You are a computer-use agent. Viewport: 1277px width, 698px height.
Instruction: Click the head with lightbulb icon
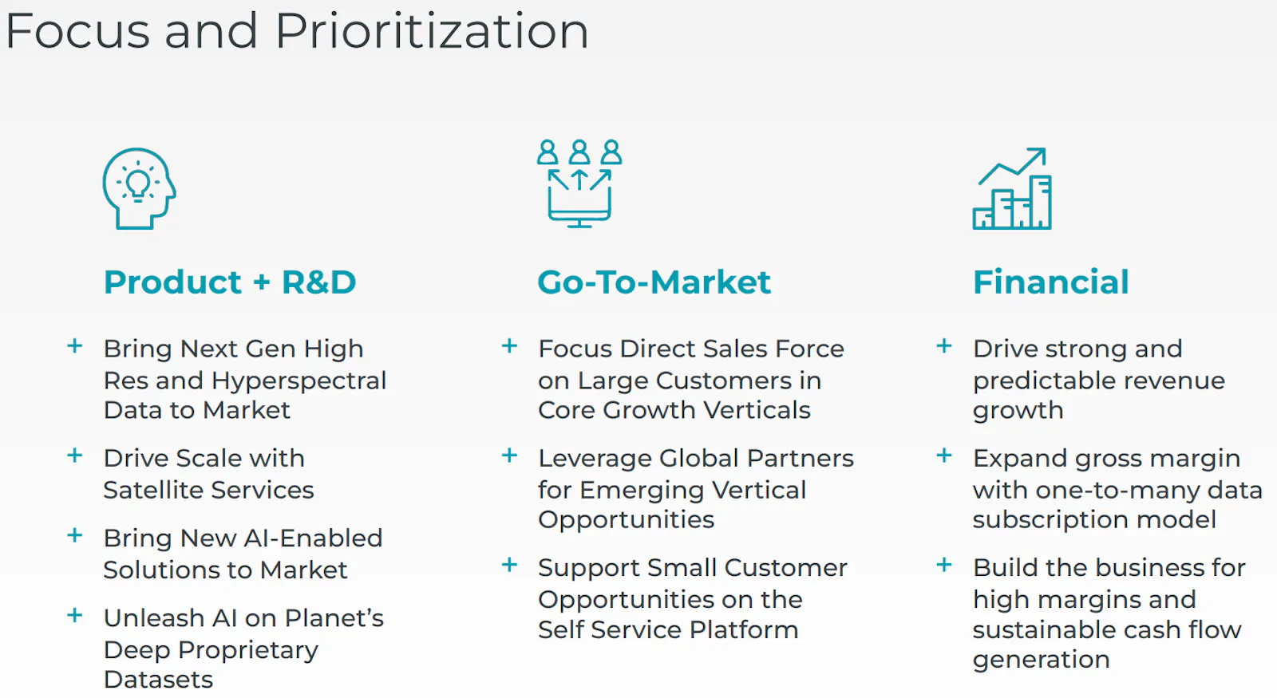(139, 188)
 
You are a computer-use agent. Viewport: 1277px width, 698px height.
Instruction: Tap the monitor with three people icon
(579, 183)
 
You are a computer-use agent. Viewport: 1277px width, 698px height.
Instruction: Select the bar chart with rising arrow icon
(1012, 188)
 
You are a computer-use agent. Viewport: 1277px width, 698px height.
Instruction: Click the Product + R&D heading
(230, 282)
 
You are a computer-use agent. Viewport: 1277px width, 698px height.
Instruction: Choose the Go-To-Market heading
(654, 282)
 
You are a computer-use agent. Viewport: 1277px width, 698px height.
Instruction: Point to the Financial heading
(1050, 282)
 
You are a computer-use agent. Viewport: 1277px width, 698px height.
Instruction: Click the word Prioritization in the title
(432, 31)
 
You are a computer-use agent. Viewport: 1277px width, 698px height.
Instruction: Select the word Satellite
(152, 490)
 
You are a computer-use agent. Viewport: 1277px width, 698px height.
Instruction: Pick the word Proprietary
(248, 651)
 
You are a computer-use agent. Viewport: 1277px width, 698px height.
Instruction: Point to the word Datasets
(159, 680)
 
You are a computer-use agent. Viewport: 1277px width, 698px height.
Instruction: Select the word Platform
(743, 629)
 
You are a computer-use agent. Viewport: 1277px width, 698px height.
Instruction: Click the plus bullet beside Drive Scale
(75, 455)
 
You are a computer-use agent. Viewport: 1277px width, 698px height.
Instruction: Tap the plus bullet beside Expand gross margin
(944, 455)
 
